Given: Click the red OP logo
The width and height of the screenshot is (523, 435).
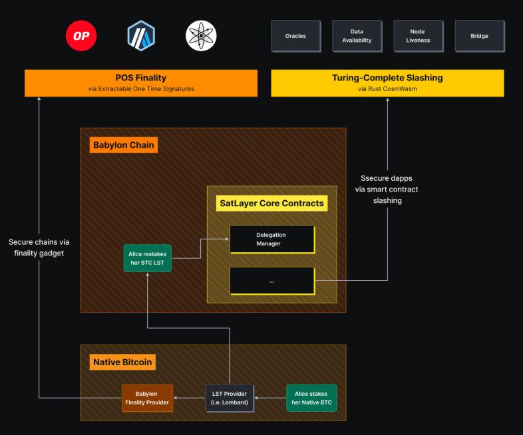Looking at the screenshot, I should [x=82, y=36].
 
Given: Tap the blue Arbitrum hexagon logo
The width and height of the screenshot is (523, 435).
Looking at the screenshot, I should [x=141, y=36].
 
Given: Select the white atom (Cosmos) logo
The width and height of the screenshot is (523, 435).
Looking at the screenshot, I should [x=201, y=36].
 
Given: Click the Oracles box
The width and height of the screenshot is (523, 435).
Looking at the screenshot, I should [x=295, y=36].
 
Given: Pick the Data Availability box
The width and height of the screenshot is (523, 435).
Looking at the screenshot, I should [x=357, y=36].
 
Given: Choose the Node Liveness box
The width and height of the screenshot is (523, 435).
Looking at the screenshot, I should [x=418, y=36].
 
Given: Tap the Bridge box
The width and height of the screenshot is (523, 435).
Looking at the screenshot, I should [x=479, y=36].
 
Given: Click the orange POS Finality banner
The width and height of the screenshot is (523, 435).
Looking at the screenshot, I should [x=141, y=82].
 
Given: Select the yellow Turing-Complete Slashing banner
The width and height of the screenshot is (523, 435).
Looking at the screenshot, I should [x=387, y=82].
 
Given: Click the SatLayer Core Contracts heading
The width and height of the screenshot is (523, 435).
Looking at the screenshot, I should [x=271, y=203].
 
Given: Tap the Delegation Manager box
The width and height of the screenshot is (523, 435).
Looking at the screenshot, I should [x=271, y=239].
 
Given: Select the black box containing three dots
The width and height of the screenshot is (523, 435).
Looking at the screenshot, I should [x=271, y=281].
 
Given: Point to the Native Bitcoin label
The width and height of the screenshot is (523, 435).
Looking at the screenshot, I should [x=122, y=362].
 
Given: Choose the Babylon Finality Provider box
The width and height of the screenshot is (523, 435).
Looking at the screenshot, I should [x=147, y=398].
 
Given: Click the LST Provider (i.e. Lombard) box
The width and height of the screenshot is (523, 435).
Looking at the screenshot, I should [x=230, y=398].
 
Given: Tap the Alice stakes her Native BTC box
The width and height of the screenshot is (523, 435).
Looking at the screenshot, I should [x=311, y=398].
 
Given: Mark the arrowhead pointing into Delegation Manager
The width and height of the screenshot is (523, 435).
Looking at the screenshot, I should [x=226, y=239].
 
